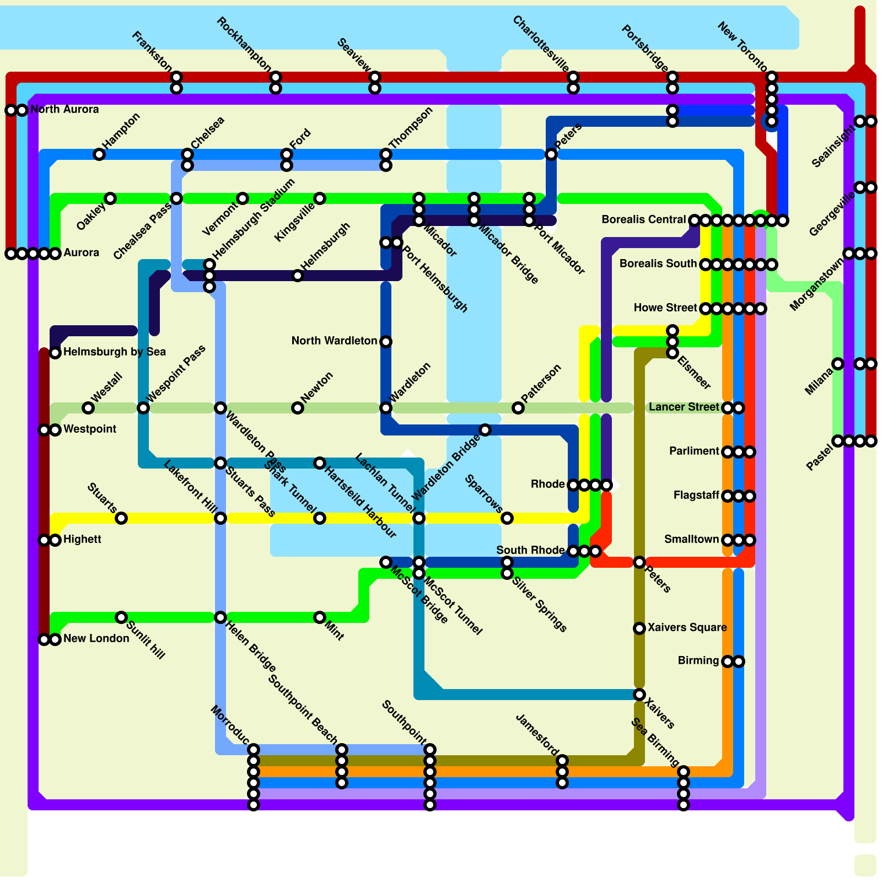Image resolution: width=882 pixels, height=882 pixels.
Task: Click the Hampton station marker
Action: click(x=99, y=154)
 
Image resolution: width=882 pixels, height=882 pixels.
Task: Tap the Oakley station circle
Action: click(x=110, y=198)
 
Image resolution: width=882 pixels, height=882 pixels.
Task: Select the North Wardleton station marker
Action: click(x=386, y=342)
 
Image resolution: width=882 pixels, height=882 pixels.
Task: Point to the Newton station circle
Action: click(x=298, y=408)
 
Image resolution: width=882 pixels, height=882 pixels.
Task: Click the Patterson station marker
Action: click(x=518, y=408)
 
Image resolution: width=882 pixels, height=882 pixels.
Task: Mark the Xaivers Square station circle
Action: click(x=639, y=628)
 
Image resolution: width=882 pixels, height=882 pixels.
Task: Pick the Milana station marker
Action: click(x=838, y=364)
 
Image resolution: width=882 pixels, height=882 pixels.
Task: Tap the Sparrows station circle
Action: click(x=507, y=518)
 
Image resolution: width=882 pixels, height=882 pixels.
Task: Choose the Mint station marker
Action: click(x=320, y=617)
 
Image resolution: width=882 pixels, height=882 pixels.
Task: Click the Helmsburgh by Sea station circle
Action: click(x=55, y=353)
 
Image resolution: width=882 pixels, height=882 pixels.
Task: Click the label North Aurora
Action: click(x=64, y=109)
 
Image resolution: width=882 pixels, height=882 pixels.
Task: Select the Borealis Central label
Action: click(x=643, y=219)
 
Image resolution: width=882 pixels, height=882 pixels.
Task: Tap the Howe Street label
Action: click(x=665, y=308)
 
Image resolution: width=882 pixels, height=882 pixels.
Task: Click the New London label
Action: click(x=96, y=638)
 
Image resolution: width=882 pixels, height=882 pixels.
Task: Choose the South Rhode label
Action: click(x=530, y=550)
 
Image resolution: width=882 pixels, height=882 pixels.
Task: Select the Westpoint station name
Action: click(x=90, y=429)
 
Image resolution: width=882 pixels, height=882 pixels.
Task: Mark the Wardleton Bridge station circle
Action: click(x=485, y=430)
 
